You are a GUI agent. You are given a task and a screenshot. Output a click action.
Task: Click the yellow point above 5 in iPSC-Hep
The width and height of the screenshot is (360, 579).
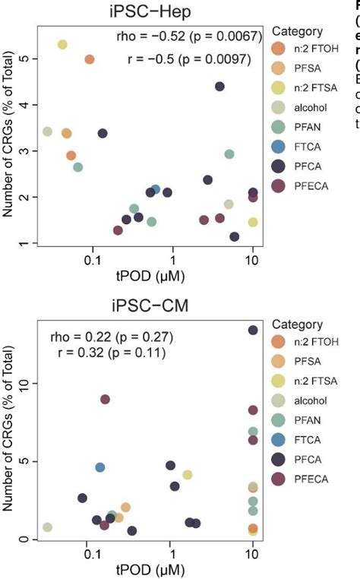(62, 45)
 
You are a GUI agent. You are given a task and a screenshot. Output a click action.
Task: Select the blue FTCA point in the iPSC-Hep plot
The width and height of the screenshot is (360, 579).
(156, 190)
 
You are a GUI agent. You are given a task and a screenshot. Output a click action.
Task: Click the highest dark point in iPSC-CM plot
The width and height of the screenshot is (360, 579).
(253, 330)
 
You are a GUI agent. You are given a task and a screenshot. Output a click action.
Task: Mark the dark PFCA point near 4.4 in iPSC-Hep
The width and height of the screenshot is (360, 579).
(219, 87)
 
